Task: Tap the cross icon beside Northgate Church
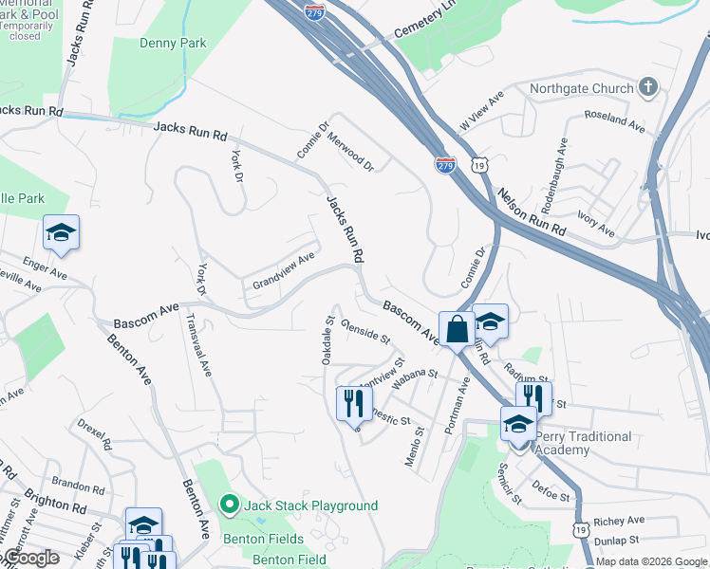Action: (649, 88)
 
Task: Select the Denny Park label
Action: (172, 43)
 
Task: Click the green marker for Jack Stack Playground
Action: (229, 505)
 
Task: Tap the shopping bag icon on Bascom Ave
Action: (457, 330)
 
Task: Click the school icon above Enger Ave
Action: (61, 233)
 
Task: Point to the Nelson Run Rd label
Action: (531, 211)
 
